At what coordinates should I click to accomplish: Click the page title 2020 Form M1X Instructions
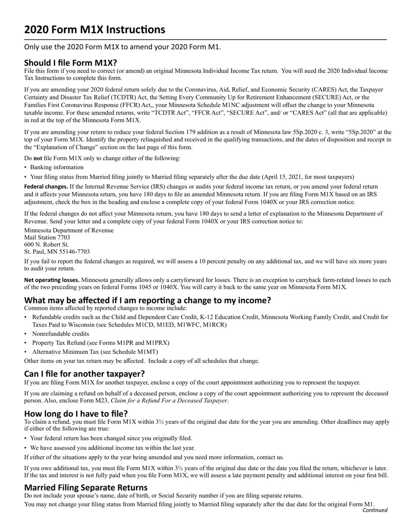(x=94, y=30)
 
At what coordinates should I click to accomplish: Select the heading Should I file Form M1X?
(x=70, y=63)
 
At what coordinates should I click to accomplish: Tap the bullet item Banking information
(x=57, y=167)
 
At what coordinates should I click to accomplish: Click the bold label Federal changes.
(x=46, y=187)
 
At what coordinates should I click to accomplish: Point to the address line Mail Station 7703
(x=47, y=237)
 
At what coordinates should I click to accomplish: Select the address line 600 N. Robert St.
(x=46, y=244)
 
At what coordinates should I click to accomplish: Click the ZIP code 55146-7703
(x=74, y=251)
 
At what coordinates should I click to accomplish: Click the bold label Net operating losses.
(x=51, y=280)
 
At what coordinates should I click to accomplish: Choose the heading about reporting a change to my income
(x=147, y=300)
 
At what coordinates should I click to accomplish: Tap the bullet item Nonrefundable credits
(x=61, y=334)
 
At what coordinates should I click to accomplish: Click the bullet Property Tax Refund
(x=100, y=343)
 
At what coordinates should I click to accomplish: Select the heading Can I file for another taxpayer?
(x=84, y=374)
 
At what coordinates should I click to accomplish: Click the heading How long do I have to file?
(x=76, y=413)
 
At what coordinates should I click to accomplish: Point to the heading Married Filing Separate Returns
(x=86, y=487)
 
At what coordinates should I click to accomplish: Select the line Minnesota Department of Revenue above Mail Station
(x=69, y=231)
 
